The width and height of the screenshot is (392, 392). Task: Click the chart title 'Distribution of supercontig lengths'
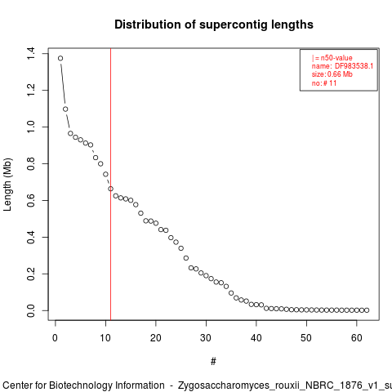(214, 24)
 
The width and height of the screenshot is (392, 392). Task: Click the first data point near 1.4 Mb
(60, 58)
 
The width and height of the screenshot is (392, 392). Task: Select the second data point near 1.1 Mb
(65, 109)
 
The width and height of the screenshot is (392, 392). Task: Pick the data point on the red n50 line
(110, 189)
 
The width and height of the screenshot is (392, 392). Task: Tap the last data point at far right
(367, 310)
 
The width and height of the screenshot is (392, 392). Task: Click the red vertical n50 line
(110, 184)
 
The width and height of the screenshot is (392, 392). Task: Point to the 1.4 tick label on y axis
(31, 54)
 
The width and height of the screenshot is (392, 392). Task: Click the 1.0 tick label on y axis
(31, 127)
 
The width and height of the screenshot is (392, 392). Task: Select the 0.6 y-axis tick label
(31, 200)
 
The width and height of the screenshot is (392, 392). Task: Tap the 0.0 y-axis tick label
(31, 310)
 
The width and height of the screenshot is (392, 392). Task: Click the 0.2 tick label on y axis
(31, 274)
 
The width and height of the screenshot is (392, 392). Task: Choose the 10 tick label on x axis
(105, 338)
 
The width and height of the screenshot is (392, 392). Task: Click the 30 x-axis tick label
(206, 338)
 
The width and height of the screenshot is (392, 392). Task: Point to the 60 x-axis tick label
(357, 338)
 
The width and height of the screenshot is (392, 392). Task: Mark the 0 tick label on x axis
(56, 338)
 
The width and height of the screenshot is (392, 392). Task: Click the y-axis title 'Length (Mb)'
(7, 185)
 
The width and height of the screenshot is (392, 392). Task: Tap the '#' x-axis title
(213, 362)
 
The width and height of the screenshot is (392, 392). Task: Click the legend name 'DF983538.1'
(354, 66)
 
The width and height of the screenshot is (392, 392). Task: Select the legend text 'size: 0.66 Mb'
(332, 74)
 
